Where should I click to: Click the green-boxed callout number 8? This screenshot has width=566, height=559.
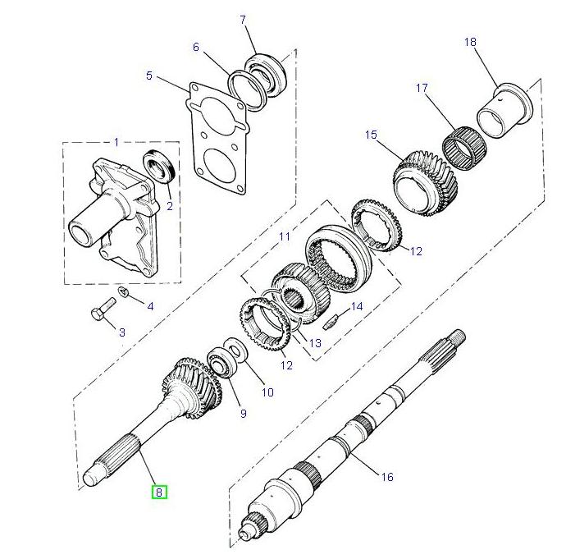click(158, 493)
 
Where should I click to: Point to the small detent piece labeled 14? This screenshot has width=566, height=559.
click(331, 322)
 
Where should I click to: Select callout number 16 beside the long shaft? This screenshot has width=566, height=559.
click(386, 477)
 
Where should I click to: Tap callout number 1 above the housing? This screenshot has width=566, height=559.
click(116, 142)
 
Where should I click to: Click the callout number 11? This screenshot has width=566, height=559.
click(285, 236)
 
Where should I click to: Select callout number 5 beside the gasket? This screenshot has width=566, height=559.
click(149, 76)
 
